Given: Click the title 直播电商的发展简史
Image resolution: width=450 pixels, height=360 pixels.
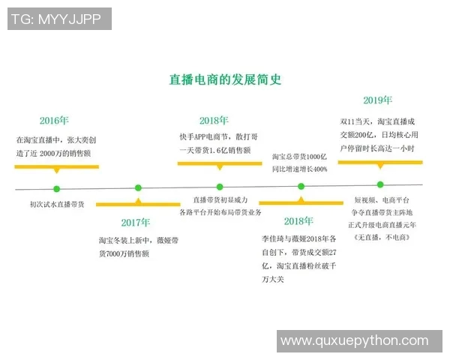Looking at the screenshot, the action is tap(225, 79).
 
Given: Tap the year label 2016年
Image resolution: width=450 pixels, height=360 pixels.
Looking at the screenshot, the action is tap(54, 120).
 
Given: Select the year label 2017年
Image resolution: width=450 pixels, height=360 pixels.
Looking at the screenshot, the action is tap(136, 222).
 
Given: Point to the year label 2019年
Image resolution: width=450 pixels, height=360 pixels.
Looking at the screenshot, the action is tap(377, 100).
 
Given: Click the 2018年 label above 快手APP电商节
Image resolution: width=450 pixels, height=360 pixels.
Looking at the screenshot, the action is tap(214, 120).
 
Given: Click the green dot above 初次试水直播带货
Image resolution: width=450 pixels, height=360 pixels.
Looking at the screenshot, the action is tap(55, 188).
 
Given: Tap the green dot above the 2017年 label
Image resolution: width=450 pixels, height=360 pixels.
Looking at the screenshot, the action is tap(138, 188).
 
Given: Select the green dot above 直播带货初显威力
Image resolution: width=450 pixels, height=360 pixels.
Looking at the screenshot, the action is tap(220, 187).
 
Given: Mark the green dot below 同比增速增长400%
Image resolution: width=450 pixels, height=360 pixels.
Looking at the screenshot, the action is tap(301, 186).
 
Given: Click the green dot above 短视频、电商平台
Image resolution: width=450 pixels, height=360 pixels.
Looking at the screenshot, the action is tap(380, 184).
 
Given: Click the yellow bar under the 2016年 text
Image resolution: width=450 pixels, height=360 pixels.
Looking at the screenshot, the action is tap(56, 165).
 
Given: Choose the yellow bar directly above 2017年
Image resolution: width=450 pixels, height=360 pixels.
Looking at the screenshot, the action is tap(137, 203).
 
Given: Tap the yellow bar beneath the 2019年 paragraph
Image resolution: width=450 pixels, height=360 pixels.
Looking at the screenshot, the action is tap(379, 161).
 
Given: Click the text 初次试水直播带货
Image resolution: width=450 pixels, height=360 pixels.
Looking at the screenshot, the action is tap(57, 204).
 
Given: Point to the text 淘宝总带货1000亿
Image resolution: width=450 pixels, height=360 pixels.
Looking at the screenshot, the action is tap(299, 157).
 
